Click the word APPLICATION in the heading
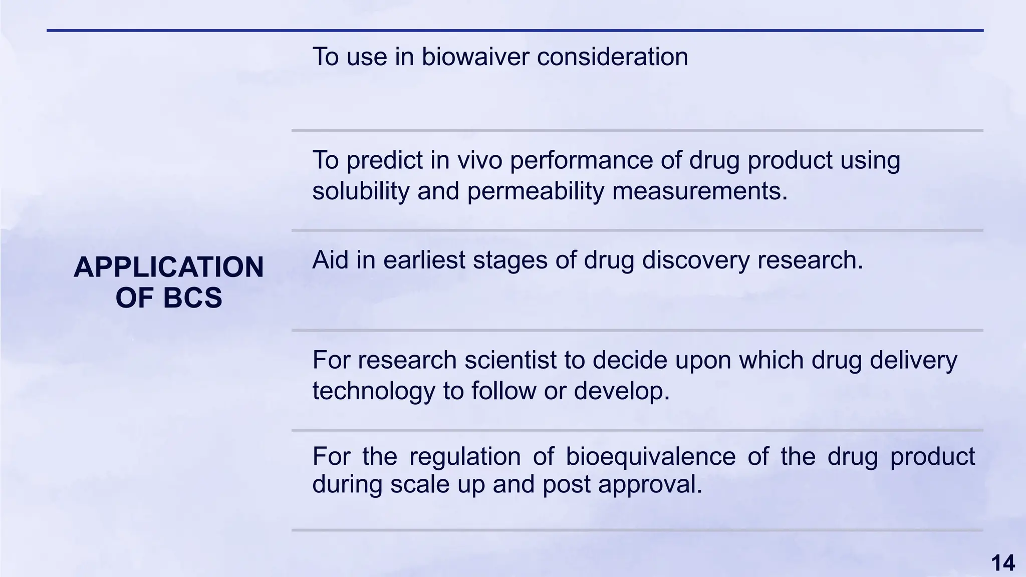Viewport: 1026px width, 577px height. [x=168, y=267]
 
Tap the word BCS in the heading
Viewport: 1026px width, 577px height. [x=192, y=298]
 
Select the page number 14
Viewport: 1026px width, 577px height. [x=1003, y=563]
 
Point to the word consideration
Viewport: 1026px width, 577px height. [x=612, y=57]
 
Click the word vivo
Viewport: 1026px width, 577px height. [x=479, y=160]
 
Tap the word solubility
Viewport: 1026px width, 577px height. [x=361, y=191]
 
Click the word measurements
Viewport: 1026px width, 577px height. [x=700, y=191]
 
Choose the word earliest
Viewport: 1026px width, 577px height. [x=424, y=260]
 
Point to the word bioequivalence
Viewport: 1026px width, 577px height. [x=651, y=457]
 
